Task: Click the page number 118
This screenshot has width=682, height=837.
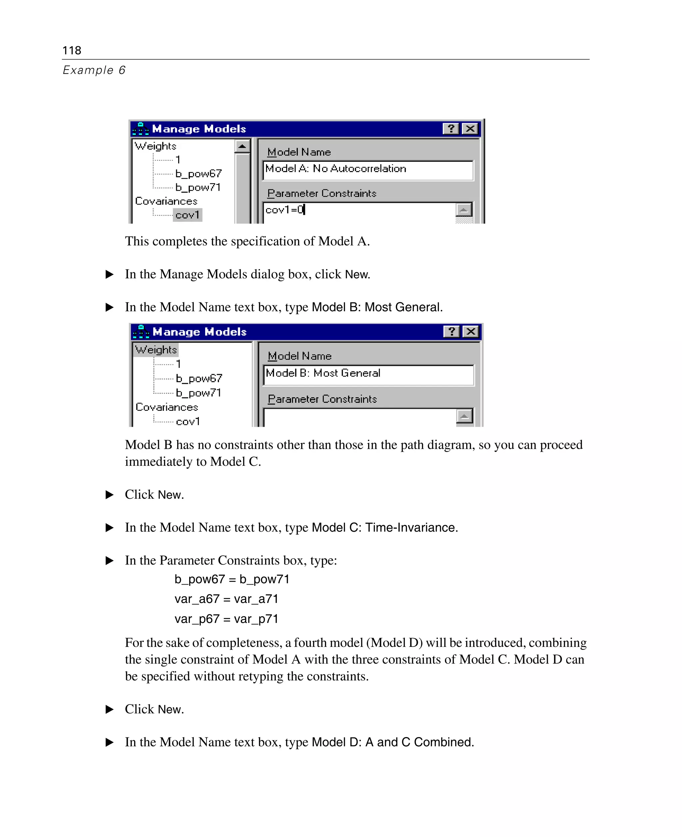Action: tap(72, 50)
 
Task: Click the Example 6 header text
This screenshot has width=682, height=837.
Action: tap(94, 70)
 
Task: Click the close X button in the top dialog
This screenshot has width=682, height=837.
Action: tap(470, 129)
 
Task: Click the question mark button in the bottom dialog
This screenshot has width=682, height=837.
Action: tap(452, 332)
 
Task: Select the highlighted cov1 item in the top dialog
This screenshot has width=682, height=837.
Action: tap(187, 215)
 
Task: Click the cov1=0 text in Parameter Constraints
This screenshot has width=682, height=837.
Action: tap(285, 210)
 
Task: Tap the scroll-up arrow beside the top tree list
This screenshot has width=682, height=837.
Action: tap(242, 146)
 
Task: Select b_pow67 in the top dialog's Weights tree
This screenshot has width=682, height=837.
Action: tap(198, 173)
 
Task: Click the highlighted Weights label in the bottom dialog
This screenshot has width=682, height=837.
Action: tap(156, 349)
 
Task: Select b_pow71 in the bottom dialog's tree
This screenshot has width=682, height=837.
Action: tap(198, 393)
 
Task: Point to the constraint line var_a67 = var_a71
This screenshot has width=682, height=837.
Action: tap(226, 599)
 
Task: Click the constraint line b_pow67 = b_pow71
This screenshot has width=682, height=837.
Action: tap(232, 579)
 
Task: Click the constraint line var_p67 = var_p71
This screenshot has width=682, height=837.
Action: tap(226, 619)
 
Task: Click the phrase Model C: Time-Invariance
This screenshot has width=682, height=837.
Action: tap(384, 527)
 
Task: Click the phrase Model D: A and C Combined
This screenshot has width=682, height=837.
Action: tap(393, 742)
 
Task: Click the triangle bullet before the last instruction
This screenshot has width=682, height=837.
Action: tap(110, 742)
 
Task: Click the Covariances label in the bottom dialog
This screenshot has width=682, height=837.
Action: tap(167, 407)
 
